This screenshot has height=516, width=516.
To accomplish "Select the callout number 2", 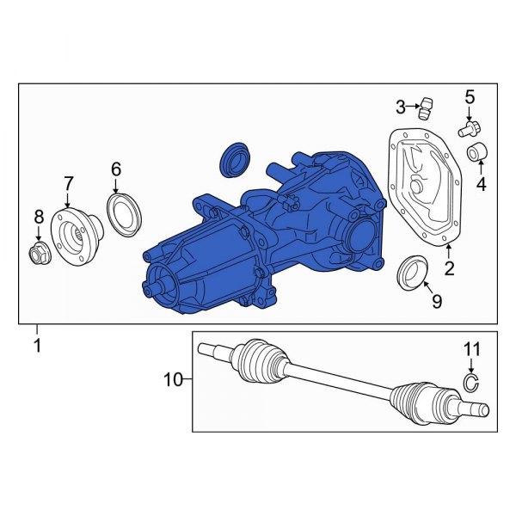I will coord(448,270).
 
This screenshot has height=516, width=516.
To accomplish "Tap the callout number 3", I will coord(401,107).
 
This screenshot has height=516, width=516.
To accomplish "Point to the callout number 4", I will coord(481,184).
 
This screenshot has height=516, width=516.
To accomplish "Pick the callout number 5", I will coord(470,96).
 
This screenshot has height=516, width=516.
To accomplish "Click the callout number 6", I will coord(117,170).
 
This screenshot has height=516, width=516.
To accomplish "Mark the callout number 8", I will coord(37,216).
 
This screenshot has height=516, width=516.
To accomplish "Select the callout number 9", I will coord(436,301).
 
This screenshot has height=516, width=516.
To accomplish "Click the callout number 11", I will coord(470,349).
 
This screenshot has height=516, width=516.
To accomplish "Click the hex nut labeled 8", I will coord(38,252).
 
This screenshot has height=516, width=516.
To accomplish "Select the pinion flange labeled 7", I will coord(75,230).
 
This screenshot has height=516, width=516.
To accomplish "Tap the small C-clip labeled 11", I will coord(470,384).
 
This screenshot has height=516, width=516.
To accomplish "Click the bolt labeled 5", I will coord(469,130).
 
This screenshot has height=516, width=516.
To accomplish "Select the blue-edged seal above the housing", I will coord(233,158).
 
